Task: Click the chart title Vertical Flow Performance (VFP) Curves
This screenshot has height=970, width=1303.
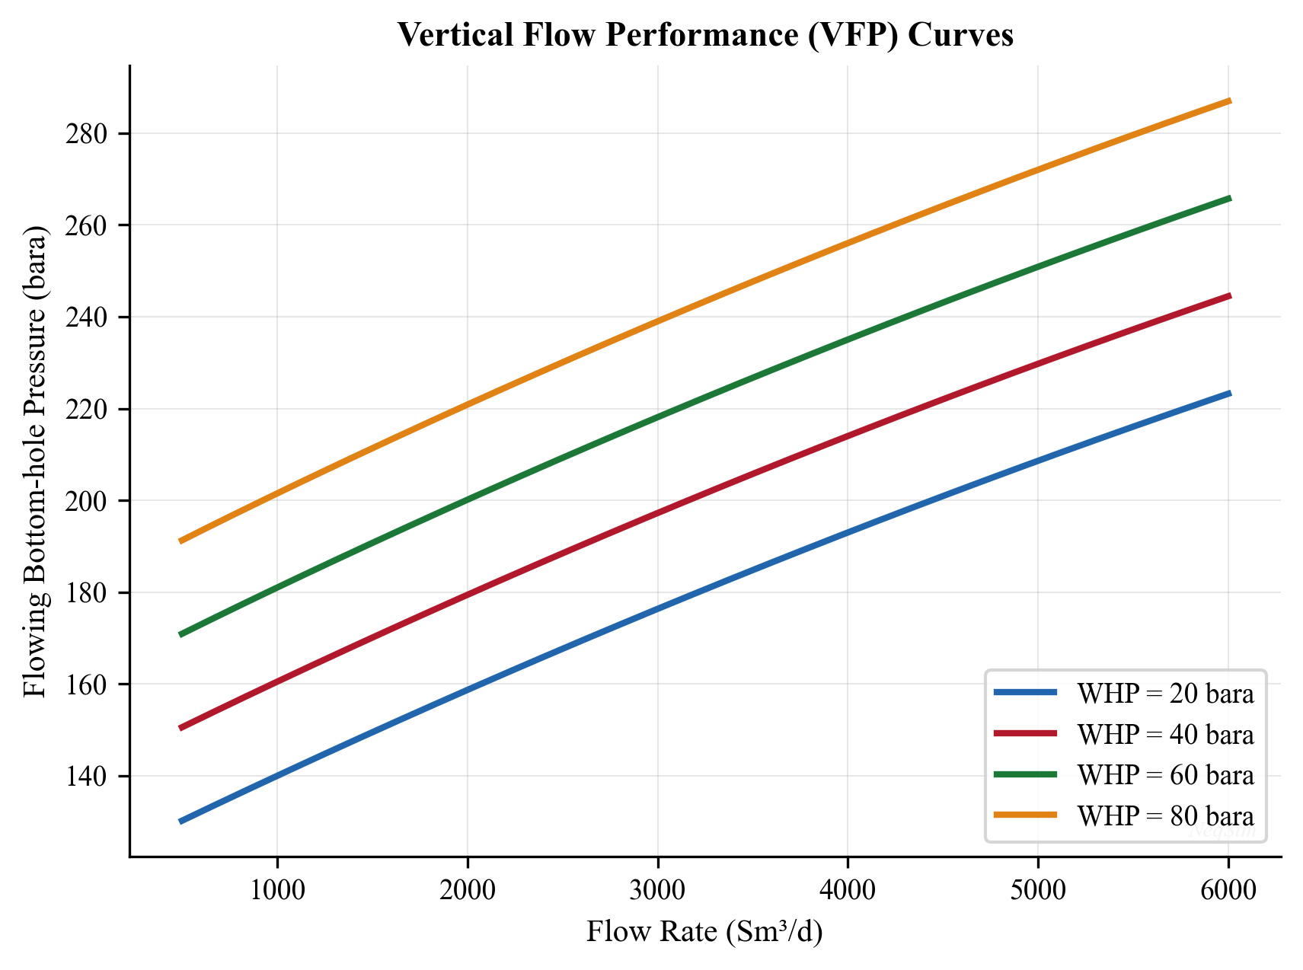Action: coord(704,36)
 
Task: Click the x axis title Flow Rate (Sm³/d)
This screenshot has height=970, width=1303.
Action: coord(704,932)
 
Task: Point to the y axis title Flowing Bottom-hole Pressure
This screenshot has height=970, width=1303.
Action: coord(35,461)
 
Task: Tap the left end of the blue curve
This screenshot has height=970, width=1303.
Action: coord(180,822)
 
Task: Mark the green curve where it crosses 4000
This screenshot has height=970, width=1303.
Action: coord(848,340)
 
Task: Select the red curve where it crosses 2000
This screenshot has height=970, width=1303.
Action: coord(467,594)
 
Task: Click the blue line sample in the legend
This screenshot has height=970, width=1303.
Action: coord(1025,693)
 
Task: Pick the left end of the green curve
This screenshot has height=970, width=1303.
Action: coord(180,634)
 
